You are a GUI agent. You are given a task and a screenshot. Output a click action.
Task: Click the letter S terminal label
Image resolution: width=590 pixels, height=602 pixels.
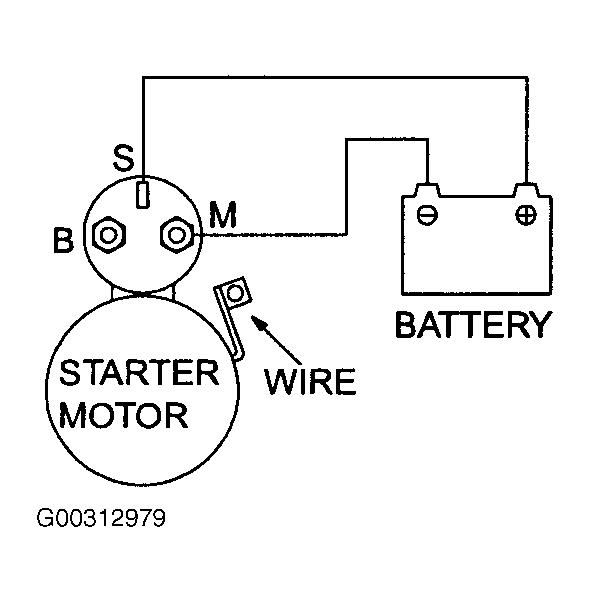124,158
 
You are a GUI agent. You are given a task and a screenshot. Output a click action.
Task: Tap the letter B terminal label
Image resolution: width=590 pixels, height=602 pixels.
63,240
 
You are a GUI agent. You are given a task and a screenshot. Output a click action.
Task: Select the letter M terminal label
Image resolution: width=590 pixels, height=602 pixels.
223,215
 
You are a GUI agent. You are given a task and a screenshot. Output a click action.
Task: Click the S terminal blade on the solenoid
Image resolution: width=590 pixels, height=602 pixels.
143,194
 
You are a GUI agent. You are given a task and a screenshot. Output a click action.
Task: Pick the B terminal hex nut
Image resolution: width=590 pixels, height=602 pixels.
109,235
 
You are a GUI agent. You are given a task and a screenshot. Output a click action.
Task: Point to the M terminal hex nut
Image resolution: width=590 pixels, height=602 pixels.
177,235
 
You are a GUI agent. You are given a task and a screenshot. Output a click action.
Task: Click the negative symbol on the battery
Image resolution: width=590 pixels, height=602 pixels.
427,215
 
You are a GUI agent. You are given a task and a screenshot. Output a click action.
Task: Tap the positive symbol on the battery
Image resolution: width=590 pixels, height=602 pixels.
526,215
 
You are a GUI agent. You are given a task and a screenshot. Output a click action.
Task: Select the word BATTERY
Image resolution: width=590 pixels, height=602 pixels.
474,324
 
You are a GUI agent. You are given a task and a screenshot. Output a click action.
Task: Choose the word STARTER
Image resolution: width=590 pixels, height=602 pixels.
139,372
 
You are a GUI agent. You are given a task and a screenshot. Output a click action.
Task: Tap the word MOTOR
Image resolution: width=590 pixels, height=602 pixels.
124,415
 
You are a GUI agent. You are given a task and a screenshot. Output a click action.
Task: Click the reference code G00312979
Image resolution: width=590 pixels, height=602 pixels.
101,518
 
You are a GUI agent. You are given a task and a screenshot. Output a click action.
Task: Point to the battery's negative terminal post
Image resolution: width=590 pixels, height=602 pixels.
428,190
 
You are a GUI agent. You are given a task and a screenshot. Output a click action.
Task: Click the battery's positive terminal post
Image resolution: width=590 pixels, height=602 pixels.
526,190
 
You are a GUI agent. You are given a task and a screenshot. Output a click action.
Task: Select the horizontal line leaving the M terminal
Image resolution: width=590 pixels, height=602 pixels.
273,234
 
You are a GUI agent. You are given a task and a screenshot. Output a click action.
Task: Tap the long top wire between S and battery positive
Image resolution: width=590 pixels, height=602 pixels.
335,78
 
